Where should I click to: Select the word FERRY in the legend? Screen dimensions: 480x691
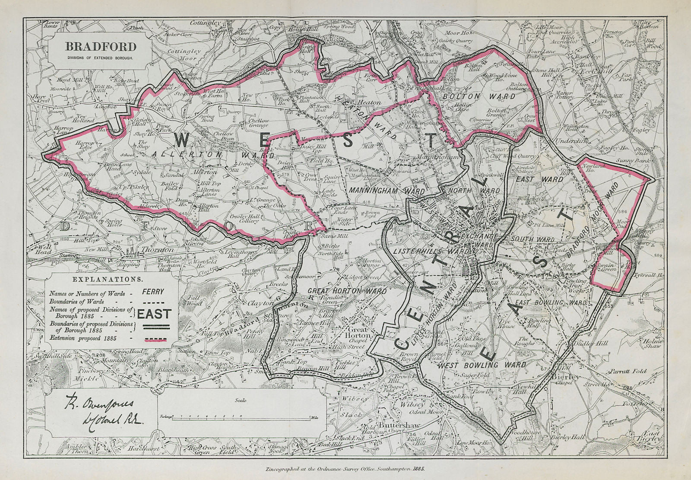[153, 292]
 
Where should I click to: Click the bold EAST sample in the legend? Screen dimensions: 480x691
[154, 314]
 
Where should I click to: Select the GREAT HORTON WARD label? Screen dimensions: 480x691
[347, 291]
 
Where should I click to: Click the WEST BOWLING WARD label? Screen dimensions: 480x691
[483, 365]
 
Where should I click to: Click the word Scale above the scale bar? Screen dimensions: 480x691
[241, 401]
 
